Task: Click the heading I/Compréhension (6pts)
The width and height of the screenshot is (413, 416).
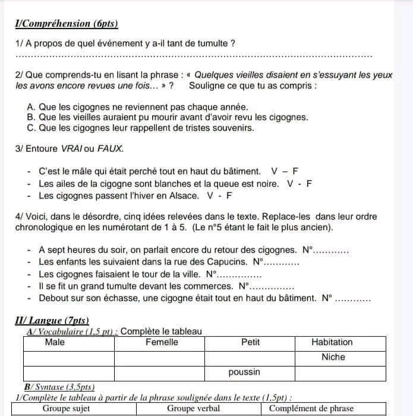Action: (67, 24)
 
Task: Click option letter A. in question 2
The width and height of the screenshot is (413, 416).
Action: (31, 107)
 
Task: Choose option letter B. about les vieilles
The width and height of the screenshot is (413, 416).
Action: (31, 117)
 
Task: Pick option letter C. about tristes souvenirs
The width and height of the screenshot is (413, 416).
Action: (31, 128)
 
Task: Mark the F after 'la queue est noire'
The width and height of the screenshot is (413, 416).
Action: (309, 183)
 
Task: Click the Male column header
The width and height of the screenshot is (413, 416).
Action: (55, 342)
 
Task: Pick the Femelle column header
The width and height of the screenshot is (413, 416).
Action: (162, 342)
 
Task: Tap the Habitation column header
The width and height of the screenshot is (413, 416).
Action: (332, 342)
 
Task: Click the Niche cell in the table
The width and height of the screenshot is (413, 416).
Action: (333, 357)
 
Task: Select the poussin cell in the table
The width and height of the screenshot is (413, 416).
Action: (244, 372)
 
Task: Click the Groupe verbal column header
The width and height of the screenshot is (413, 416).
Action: (193, 409)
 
